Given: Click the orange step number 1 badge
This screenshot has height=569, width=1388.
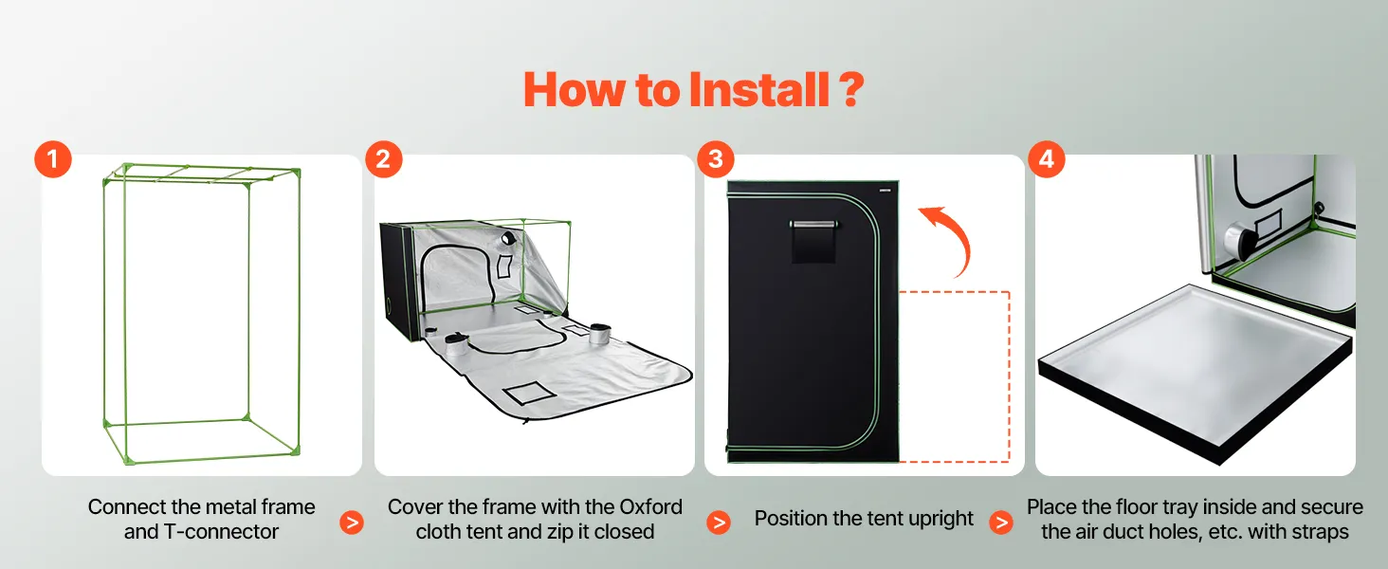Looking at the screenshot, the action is (53, 159).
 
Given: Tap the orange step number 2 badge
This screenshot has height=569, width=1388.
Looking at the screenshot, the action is (384, 159).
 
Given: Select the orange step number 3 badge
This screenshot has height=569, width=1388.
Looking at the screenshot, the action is (716, 159).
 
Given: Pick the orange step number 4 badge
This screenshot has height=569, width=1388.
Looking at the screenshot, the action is (1047, 159).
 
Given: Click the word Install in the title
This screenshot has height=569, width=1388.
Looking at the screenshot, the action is (758, 90).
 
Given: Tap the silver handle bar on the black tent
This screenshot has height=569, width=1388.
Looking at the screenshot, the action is (813, 225).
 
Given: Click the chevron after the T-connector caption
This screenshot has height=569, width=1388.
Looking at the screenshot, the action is (352, 523).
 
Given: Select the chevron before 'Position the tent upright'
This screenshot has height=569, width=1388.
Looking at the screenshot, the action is (718, 523).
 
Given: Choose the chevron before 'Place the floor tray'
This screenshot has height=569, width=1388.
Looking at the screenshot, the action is (1001, 523).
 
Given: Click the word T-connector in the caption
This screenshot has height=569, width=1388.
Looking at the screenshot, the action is (221, 532).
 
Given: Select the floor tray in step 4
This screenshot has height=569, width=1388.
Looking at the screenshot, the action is (1195, 372).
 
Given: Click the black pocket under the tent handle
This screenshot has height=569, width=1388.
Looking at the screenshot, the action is (813, 246).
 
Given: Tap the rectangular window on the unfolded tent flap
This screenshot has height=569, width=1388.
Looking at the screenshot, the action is (529, 393).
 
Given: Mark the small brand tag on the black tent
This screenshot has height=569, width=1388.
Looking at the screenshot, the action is (885, 190).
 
